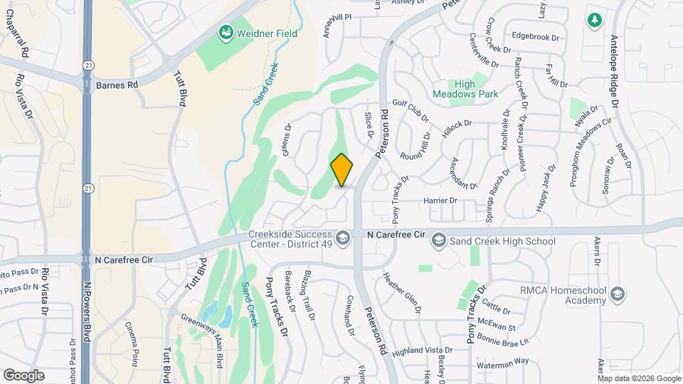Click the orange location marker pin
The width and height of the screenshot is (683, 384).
[341, 170]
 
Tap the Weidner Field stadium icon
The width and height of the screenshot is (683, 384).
[226, 32]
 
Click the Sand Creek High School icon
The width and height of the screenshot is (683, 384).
[438, 241]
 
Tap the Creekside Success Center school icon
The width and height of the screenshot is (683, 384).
[343, 238]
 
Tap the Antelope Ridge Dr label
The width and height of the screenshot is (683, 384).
[615, 71]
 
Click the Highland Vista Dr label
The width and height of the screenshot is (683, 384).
[422, 351]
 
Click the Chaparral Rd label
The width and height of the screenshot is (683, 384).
[23, 36]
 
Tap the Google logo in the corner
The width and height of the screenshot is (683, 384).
[23, 375]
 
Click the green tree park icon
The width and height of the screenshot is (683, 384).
[594, 20]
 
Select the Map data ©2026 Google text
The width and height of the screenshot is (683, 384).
[639, 378]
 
